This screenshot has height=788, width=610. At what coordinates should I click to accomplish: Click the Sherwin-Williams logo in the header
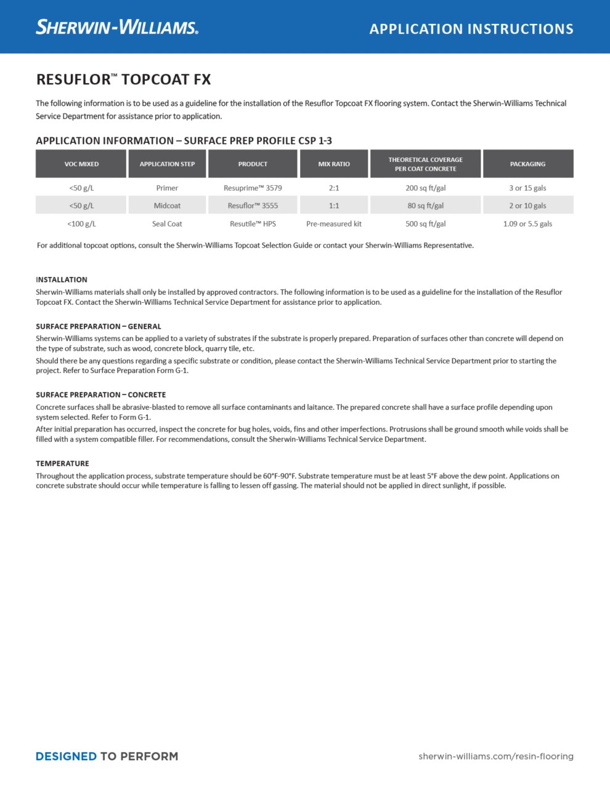point(117,27)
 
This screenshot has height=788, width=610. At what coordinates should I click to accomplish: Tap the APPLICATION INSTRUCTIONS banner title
point(471,29)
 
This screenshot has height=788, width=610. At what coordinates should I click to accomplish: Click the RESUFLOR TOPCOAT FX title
point(123,79)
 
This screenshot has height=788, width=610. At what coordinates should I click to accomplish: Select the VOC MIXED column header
point(81,164)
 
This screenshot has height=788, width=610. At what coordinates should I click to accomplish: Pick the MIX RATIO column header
point(334,164)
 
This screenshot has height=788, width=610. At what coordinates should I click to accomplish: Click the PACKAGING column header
point(527,164)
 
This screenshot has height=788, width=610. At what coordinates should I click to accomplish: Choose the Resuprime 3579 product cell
point(253,188)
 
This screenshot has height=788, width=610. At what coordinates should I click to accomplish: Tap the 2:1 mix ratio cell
point(334,188)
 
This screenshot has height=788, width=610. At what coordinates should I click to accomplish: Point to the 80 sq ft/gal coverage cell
point(425,206)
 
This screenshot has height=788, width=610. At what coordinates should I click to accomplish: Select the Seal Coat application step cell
point(167,223)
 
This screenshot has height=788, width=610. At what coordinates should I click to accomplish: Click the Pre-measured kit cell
point(334,223)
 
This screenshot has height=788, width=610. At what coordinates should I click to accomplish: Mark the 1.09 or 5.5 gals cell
point(527,223)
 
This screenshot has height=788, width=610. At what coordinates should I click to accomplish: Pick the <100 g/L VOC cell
point(81,223)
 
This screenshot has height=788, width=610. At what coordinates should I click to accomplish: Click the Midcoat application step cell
point(167,206)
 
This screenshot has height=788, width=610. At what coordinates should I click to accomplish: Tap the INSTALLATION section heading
point(62,279)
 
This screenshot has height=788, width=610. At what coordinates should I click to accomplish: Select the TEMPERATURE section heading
point(62,464)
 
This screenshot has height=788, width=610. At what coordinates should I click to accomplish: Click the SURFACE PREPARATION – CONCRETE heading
point(100,395)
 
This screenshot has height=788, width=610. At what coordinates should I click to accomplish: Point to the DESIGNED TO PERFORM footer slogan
point(107,756)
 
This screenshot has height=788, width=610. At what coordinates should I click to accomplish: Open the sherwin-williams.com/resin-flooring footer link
point(495,756)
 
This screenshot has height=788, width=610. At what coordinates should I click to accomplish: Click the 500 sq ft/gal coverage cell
point(425,223)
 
